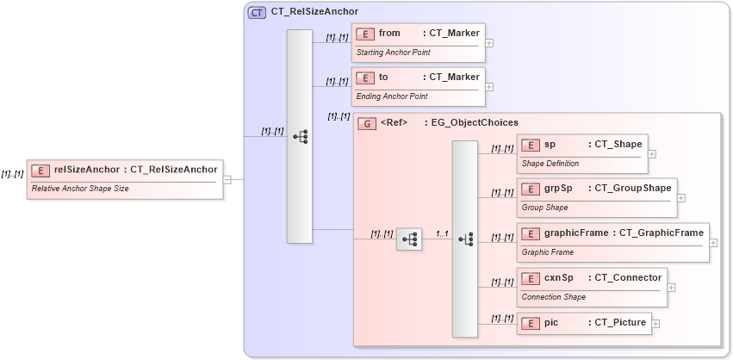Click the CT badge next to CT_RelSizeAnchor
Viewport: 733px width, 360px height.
[x=257, y=12]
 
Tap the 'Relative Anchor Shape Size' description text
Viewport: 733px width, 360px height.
[x=80, y=188]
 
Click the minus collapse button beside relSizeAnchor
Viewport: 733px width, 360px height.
[x=227, y=180]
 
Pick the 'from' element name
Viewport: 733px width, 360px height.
[x=389, y=33]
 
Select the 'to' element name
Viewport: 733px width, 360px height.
[x=383, y=77]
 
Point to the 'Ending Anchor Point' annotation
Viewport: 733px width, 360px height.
[x=392, y=96]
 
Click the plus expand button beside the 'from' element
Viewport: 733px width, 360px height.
[x=489, y=42]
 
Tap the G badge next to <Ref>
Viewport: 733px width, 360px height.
[x=367, y=123]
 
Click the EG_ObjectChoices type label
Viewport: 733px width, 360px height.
[x=471, y=123]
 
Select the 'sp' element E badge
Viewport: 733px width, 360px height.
[x=531, y=145]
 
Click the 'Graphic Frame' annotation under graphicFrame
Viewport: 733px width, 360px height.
[x=548, y=252]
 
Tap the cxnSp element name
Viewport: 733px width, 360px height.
[x=558, y=277]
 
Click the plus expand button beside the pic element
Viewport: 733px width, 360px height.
[x=655, y=324]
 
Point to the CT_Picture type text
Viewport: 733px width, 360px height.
[x=619, y=323]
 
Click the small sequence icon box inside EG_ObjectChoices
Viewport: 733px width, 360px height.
[x=408, y=239]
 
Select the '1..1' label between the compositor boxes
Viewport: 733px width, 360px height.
[x=443, y=233]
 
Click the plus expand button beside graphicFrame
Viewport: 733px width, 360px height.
[x=713, y=243]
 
